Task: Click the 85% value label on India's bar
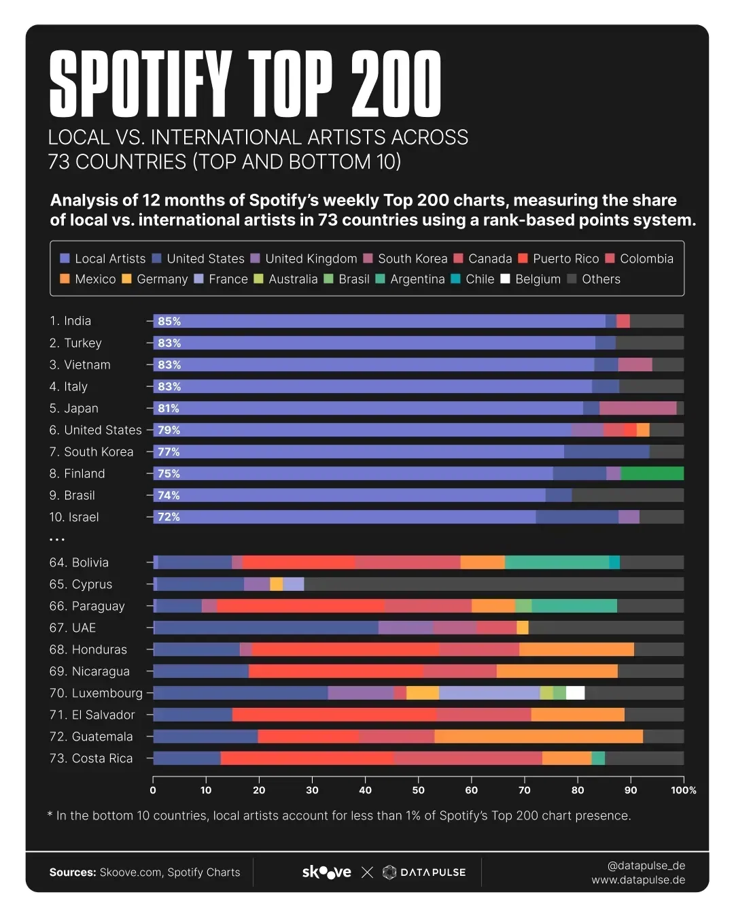click(169, 322)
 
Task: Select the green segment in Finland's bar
click(652, 474)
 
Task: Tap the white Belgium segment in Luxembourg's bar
click(575, 693)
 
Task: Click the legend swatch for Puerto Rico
click(523, 259)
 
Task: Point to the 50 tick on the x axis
click(419, 790)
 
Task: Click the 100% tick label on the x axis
click(683, 790)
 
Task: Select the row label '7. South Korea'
click(91, 452)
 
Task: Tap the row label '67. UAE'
click(73, 628)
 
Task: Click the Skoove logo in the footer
click(326, 872)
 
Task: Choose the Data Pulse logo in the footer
click(424, 872)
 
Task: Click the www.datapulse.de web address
click(637, 881)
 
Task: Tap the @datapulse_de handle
click(646, 866)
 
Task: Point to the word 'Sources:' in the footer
click(73, 872)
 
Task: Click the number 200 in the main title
click(396, 84)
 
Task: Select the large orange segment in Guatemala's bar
click(538, 736)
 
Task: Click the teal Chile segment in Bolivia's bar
click(614, 562)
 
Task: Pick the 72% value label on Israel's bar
click(169, 517)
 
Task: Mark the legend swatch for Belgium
click(505, 279)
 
